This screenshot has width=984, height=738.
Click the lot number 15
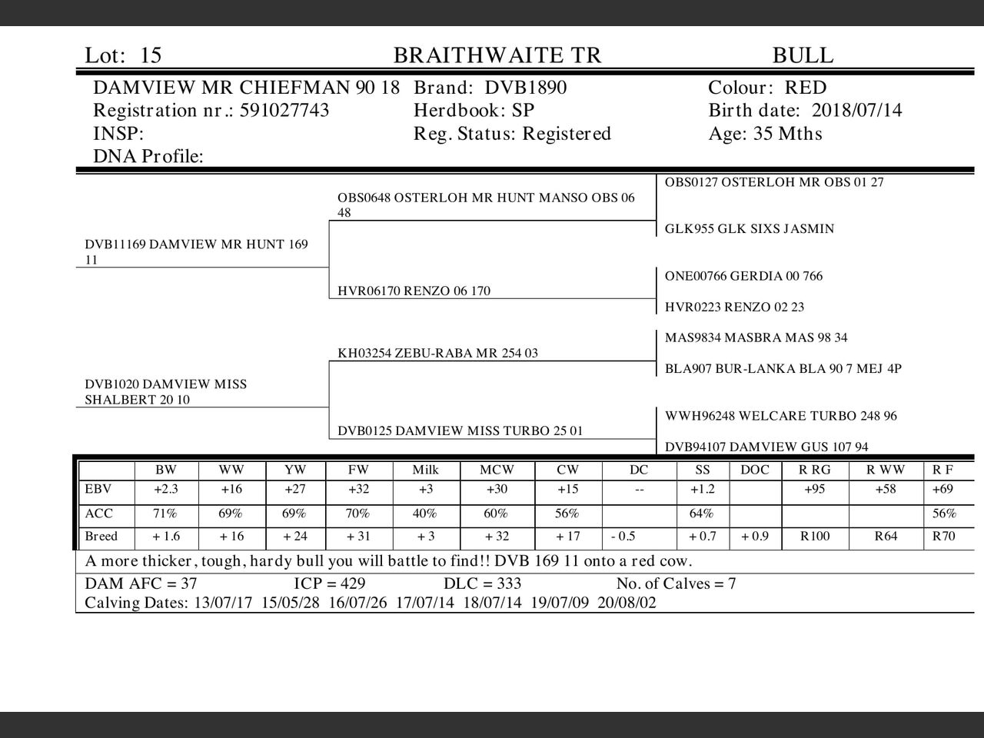(x=151, y=55)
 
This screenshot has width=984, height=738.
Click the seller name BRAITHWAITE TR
(x=497, y=55)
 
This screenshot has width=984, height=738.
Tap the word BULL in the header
(x=803, y=55)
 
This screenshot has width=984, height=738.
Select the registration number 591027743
(x=284, y=111)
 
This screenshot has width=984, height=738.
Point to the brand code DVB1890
(x=526, y=88)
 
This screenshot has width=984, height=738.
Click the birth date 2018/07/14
(x=857, y=111)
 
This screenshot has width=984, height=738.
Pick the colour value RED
(x=806, y=88)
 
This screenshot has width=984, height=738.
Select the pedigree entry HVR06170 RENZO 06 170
(x=414, y=291)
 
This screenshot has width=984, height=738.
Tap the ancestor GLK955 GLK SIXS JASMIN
(x=750, y=229)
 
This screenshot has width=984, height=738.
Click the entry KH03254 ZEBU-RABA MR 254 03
(x=437, y=354)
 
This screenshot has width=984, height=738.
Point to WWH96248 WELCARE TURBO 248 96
(x=781, y=416)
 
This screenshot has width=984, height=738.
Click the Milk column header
(x=425, y=470)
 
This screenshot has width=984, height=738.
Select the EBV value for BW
(x=165, y=490)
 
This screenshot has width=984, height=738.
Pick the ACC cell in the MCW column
(x=496, y=514)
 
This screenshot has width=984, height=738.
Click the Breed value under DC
(x=623, y=537)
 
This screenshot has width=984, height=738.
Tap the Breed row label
(x=101, y=537)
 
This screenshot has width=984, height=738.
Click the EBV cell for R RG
(x=814, y=490)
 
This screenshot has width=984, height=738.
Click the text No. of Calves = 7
(x=676, y=584)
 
